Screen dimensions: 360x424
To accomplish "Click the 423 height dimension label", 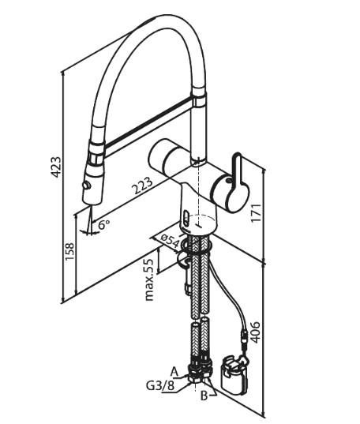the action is point(57,167).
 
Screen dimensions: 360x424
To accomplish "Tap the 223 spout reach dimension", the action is point(142,186).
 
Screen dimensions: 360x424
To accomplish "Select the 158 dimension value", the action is point(69,252).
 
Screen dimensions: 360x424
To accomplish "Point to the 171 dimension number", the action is point(256,213).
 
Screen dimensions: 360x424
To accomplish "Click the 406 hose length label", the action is point(254,332).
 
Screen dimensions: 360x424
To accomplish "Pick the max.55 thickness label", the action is point(149,280).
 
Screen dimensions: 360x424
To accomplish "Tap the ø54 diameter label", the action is point(171,241).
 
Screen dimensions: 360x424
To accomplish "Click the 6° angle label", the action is point(104,224).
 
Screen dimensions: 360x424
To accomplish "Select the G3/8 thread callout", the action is point(160,386).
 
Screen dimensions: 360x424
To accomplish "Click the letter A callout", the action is point(174,372).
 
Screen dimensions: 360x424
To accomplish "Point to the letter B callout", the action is point(204,396).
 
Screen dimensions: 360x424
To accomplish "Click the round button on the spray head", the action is point(87,186).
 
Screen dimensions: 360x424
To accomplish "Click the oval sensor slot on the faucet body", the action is point(186,216).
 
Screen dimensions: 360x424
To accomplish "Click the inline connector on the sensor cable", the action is point(244,336).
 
